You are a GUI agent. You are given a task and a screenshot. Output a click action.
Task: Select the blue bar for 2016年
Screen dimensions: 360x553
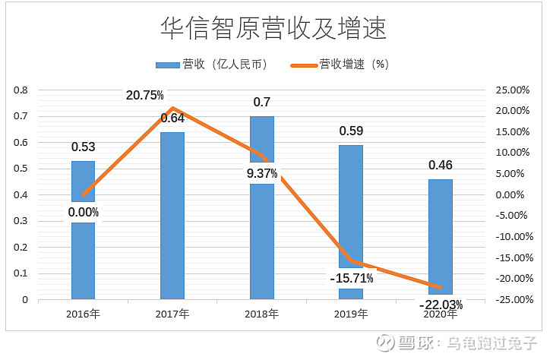point(84,258)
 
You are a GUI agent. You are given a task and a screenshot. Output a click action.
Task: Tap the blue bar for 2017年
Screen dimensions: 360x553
point(172,220)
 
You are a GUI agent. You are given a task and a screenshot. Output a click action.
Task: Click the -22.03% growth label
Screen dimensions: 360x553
point(440,305)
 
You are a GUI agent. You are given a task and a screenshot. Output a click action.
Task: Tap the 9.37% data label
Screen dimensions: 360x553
point(261,173)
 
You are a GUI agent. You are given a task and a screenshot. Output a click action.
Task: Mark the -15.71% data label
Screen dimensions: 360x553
point(351,278)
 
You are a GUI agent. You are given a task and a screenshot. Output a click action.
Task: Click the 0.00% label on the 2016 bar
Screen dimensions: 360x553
point(84,212)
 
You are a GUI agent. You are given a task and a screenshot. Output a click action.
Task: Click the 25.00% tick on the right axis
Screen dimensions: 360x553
point(513,90)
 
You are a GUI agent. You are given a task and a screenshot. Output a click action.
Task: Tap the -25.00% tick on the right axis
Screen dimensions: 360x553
point(511,299)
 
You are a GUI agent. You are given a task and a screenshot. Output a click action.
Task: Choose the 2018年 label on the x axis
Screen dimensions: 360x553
point(262,314)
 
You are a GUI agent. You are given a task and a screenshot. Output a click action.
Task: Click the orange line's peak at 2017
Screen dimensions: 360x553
point(173,108)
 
